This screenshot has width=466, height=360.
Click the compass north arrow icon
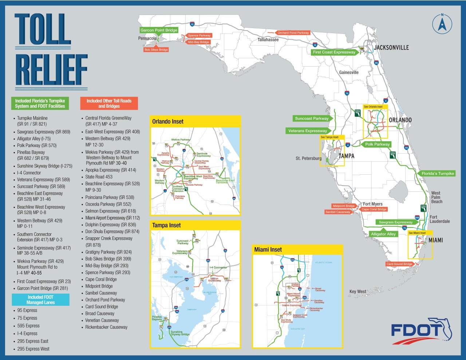[442, 24]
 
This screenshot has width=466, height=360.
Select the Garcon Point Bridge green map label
[159, 30]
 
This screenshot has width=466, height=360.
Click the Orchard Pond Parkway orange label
[293, 33]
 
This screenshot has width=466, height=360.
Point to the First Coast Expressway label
[334, 52]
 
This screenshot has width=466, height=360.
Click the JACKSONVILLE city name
[391, 48]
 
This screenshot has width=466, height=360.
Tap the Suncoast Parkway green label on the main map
[311, 118]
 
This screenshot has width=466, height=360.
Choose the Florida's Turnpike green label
[438, 174]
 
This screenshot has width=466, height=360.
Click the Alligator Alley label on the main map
[383, 234]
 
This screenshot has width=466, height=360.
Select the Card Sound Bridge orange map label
[399, 264]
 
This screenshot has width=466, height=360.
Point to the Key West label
[358, 292]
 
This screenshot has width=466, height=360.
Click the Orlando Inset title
[168, 122]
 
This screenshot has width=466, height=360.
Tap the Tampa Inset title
[166, 225]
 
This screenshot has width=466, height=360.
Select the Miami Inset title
[268, 249]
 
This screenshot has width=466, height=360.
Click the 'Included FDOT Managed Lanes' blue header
[40, 300]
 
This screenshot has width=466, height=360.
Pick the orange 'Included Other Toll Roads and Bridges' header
[109, 103]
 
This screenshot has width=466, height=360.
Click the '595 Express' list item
[28, 326]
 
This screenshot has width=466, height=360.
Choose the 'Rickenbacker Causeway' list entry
[106, 327]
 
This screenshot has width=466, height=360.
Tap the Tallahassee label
[268, 40]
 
